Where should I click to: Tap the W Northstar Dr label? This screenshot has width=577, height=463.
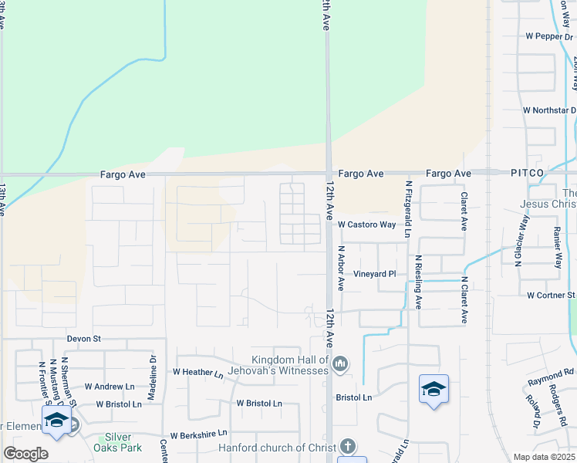coord(548,110)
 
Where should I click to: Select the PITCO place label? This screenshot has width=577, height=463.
coord(527,173)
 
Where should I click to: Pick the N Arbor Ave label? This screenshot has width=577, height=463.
coord(340,269)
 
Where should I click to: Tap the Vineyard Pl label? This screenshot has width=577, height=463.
coord(374,274)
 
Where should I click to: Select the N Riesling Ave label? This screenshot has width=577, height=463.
coord(419,282)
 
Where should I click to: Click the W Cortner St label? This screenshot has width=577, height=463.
coord(551,296)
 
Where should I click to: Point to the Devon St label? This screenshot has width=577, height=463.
coord(84,339)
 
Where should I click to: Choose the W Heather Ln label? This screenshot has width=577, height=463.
coord(198,373)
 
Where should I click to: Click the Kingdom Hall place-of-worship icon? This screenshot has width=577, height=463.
coord(339,363)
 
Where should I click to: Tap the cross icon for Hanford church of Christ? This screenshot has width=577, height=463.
coord(348,446)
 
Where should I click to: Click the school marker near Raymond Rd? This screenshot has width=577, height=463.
coord(434,389)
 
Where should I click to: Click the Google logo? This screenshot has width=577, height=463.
coord(25,454)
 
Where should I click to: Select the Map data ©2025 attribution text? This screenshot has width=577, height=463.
coord(543,457)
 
